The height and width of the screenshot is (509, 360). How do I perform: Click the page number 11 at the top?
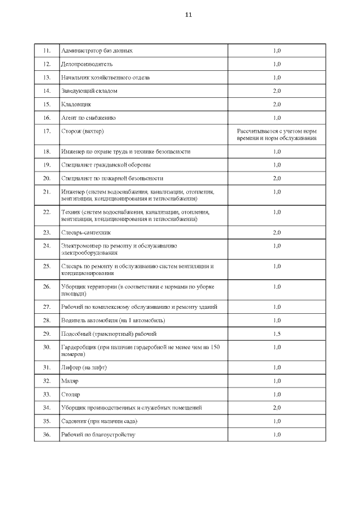point(188,15)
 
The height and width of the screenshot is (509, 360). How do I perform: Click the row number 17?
point(47,131)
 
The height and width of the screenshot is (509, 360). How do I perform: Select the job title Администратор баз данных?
point(97,51)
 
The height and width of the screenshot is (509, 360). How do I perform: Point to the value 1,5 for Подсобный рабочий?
point(277,334)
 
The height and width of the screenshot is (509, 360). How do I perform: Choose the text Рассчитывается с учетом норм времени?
point(277,134)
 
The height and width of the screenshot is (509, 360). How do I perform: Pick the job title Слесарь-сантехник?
point(86,232)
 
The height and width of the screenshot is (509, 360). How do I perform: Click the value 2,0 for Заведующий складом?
point(277,91)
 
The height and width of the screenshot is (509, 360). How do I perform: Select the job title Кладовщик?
point(76,104)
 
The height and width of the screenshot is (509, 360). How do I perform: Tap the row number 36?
point(47,435)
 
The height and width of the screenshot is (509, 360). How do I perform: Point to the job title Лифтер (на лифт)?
point(84,367)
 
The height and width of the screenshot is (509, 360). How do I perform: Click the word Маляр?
point(70,381)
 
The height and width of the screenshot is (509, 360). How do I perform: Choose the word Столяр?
point(71,394)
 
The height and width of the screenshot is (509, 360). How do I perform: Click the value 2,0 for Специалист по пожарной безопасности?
point(277,178)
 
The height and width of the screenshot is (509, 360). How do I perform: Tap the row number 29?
point(47,334)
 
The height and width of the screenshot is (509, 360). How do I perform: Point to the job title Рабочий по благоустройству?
point(98,435)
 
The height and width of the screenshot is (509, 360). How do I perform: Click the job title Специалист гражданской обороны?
point(106,165)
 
